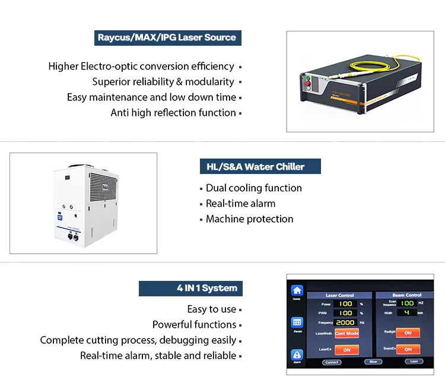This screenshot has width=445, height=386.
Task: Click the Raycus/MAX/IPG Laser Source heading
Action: (167, 37)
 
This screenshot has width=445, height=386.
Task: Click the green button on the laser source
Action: (308, 78)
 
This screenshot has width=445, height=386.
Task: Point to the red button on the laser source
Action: (307, 88)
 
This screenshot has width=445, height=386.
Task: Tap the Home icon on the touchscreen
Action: (297, 291)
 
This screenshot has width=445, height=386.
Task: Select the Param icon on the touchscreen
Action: (297, 323)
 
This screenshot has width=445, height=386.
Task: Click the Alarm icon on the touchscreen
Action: (297, 355)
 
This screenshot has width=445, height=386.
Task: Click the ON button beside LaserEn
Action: (347, 350)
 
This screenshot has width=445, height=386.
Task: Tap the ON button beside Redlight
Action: (408, 333)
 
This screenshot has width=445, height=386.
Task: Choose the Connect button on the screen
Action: (332, 362)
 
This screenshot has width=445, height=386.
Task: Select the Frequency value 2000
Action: (345, 322)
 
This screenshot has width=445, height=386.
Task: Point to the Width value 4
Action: (406, 312)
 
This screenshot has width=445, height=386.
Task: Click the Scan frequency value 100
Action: (406, 303)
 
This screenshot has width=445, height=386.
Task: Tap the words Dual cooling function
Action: (253, 188)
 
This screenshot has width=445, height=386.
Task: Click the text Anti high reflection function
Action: (173, 113)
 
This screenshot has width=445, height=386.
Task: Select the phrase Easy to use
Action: (211, 309)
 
